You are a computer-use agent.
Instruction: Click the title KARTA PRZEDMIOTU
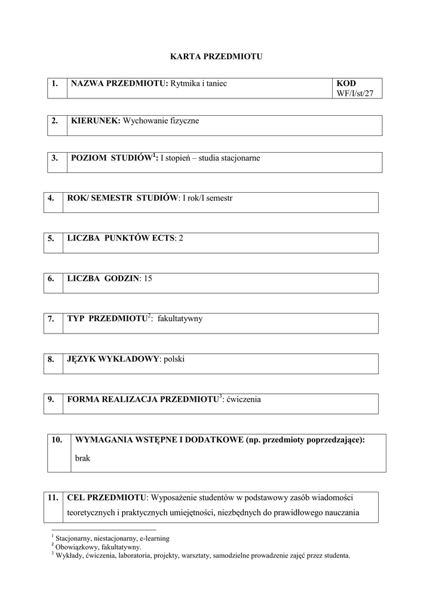(x=216, y=57)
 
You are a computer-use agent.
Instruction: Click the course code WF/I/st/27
(x=358, y=94)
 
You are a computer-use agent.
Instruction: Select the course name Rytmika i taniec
(x=199, y=84)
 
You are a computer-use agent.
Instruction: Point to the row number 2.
(x=54, y=121)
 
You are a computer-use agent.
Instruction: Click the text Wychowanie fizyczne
(x=161, y=121)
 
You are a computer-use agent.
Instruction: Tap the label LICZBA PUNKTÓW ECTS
(x=121, y=238)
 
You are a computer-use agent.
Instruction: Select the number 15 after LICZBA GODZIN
(x=148, y=278)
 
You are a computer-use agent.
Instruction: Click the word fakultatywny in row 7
(x=180, y=319)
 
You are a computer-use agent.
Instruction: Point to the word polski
(x=176, y=359)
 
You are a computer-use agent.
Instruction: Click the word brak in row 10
(x=83, y=459)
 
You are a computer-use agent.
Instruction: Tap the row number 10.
(x=57, y=440)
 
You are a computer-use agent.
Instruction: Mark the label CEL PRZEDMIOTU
(x=107, y=497)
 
